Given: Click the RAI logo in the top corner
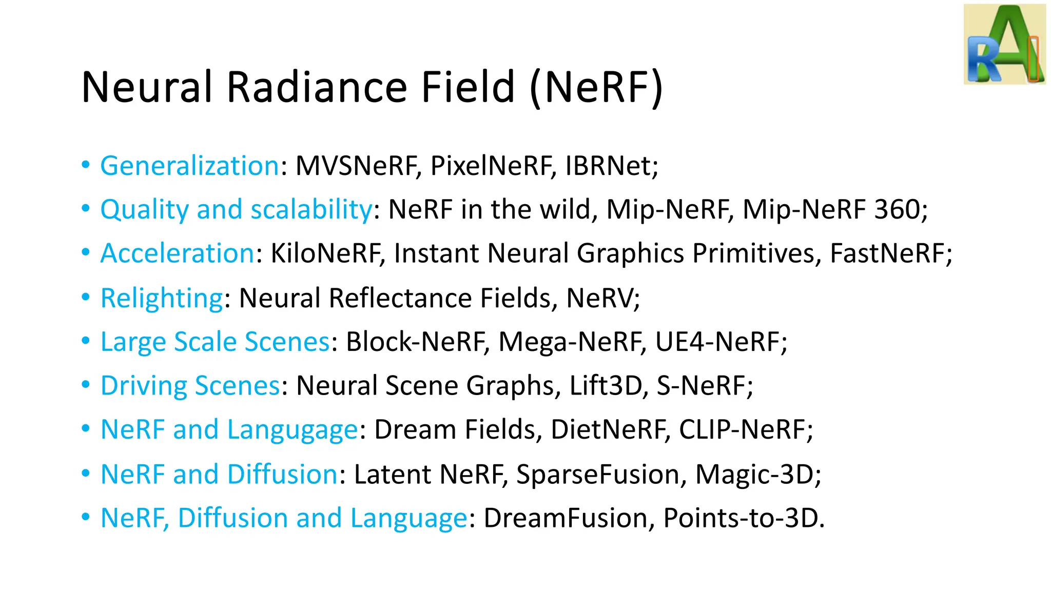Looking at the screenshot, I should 1004,44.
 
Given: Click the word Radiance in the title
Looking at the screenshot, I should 318,87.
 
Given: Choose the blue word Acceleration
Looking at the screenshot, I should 178,253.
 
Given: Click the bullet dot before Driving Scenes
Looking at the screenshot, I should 86,385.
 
